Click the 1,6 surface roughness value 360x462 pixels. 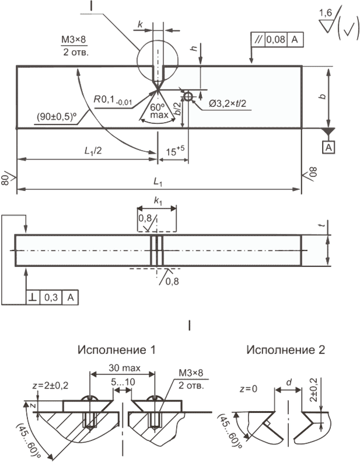click(x=325, y=13)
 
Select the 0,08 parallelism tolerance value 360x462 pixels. click(x=276, y=39)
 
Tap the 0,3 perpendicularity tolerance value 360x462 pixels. click(x=51, y=297)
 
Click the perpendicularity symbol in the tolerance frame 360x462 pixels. click(x=33, y=297)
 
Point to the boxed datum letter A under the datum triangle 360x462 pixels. click(x=329, y=147)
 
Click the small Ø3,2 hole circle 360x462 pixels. click(x=188, y=96)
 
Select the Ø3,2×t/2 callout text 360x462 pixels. click(x=228, y=104)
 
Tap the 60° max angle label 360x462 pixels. click(x=159, y=111)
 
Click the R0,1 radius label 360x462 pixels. click(x=113, y=100)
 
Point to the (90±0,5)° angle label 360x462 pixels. click(x=57, y=117)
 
